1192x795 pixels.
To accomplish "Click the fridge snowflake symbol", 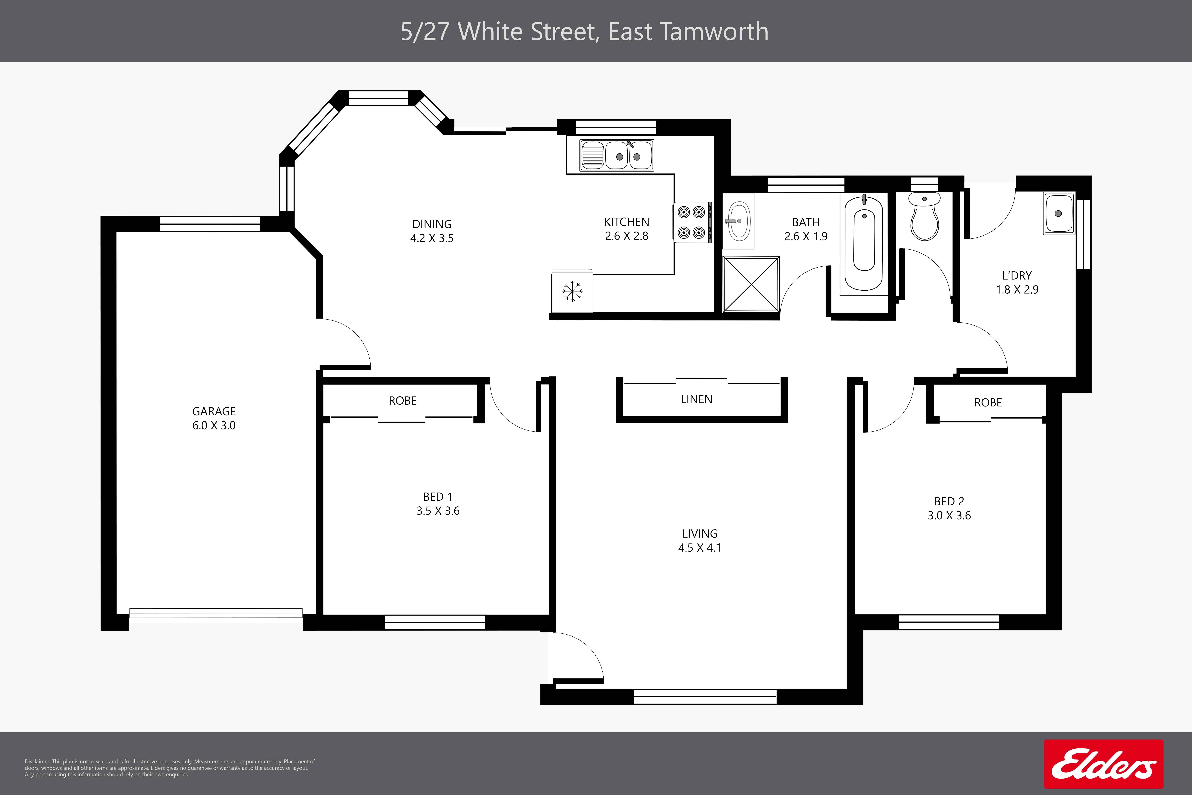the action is [x=572, y=292].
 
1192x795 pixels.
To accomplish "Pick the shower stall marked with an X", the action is [x=751, y=284].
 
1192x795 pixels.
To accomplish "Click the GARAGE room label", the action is [x=214, y=411].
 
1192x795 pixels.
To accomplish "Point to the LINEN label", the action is [x=696, y=399].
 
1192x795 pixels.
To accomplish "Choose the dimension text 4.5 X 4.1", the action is [x=699, y=548].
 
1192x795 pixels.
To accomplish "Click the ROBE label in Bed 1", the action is [x=402, y=400].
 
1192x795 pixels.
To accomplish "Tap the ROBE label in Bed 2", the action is [x=988, y=403].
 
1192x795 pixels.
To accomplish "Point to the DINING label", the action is [x=432, y=224].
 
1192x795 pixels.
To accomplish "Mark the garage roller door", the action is [x=216, y=613].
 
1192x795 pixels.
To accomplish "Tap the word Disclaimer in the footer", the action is [x=38, y=762].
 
